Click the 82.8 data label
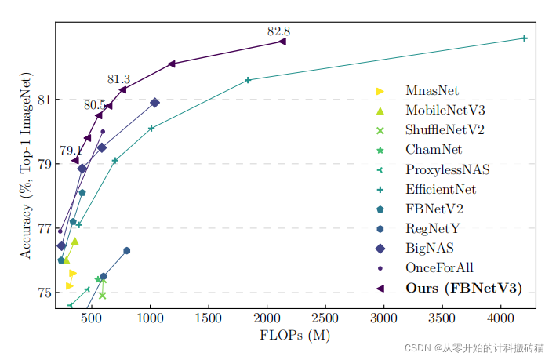pyautogui.click(x=278, y=32)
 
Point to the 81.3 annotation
pyautogui.click(x=118, y=80)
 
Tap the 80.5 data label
pyautogui.click(x=95, y=105)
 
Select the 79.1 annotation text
pyautogui.click(x=71, y=151)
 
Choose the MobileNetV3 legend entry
pyautogui.click(x=445, y=110)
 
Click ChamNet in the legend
pyautogui.click(x=434, y=149)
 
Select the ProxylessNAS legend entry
pyautogui.click(x=447, y=169)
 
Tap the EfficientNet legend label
pyautogui.click(x=441, y=189)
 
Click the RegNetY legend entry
pyautogui.click(x=434, y=229)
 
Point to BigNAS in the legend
pyautogui.click(x=431, y=249)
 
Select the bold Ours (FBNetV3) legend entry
pyautogui.click(x=463, y=288)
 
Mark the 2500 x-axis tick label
pyautogui.click(x=326, y=318)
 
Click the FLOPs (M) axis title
pyautogui.click(x=295, y=335)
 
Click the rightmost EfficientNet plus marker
pyautogui.click(x=525, y=38)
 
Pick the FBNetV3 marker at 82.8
pyautogui.click(x=282, y=42)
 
